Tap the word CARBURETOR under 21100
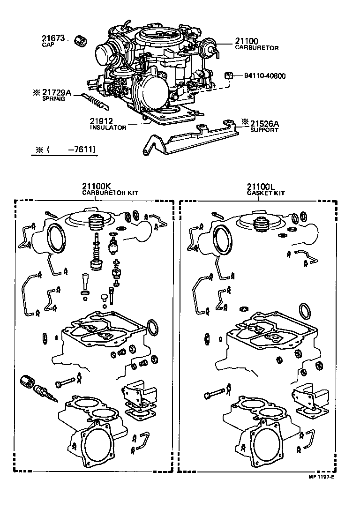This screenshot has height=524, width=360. pyautogui.click(x=257, y=48)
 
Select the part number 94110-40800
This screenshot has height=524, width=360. pyautogui.click(x=264, y=75)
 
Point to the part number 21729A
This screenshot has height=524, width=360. pyautogui.click(x=57, y=93)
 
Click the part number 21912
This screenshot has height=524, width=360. pyautogui.click(x=102, y=121)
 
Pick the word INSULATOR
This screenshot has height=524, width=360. pyautogui.click(x=108, y=127)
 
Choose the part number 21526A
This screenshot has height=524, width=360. pyautogui.click(x=264, y=123)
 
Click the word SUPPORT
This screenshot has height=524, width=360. pyautogui.click(x=264, y=130)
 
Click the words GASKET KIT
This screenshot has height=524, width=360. pyautogui.click(x=266, y=193)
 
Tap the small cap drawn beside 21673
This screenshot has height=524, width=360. pyautogui.click(x=80, y=41)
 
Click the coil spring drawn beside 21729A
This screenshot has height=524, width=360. pyautogui.click(x=94, y=100)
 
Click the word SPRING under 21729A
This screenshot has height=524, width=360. pyautogui.click(x=54, y=99)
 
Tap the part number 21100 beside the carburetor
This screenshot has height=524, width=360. pyautogui.click(x=246, y=41)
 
